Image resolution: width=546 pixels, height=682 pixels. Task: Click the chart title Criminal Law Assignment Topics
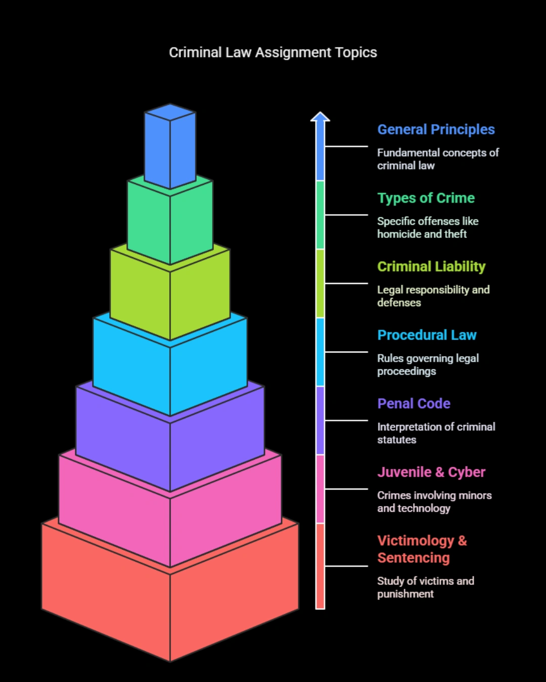click(273, 53)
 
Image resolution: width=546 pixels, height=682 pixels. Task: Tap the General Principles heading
click(436, 130)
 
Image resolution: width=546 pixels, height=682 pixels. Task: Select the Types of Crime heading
click(426, 198)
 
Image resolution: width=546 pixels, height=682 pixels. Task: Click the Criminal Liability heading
click(431, 267)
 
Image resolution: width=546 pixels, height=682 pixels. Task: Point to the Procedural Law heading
click(427, 335)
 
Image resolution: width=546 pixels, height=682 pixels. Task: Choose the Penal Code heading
click(414, 404)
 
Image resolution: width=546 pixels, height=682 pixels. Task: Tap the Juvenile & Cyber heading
click(431, 472)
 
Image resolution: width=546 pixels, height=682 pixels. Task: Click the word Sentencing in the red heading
click(414, 558)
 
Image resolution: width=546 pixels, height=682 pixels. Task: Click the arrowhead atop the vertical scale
click(320, 117)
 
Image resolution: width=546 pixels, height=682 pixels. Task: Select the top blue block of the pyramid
click(170, 146)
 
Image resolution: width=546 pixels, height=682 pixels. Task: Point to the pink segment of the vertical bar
click(320, 489)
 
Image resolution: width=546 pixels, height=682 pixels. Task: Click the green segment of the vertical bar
click(320, 215)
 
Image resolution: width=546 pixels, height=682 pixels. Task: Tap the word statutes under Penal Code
click(396, 440)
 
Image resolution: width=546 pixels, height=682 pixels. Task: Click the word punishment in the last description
click(405, 594)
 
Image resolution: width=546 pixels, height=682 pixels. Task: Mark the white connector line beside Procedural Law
click(346, 352)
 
